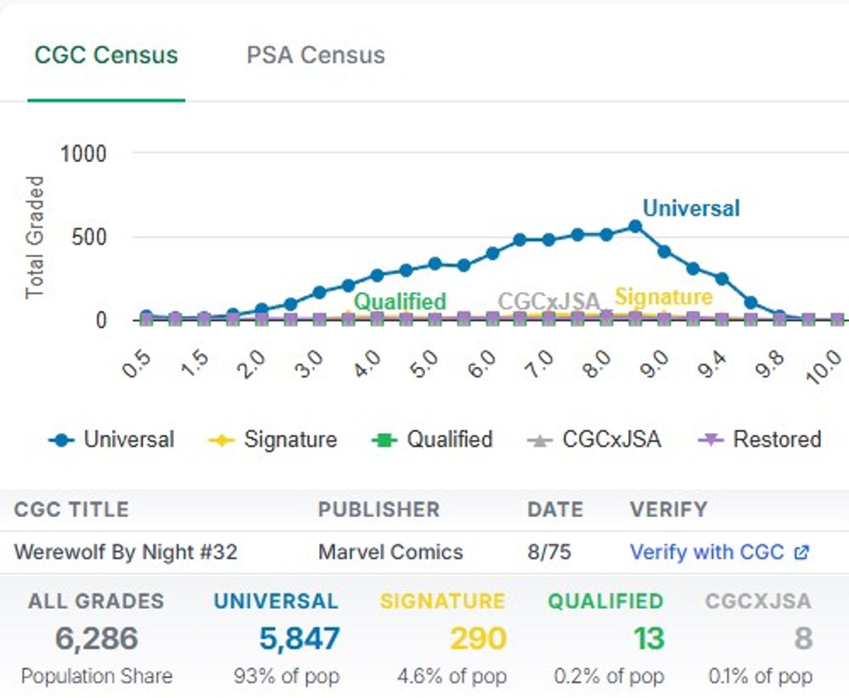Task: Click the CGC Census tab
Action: (106, 55)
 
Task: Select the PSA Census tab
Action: (315, 55)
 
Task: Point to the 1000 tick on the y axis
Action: (83, 154)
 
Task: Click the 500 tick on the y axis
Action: (89, 237)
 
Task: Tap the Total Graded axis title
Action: (34, 237)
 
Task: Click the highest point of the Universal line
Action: (635, 227)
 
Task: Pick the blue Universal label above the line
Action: (690, 208)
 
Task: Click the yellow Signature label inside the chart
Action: (663, 297)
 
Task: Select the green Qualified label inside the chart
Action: (399, 301)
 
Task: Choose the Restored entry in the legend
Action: (760, 439)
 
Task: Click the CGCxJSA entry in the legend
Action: (594, 439)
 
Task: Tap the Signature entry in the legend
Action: (273, 439)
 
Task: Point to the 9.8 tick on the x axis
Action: (770, 364)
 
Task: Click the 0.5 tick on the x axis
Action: (137, 364)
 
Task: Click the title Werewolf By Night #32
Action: (125, 552)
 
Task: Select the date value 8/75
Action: (549, 552)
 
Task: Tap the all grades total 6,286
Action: (97, 638)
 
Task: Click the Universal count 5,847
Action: (299, 638)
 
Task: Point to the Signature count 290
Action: (478, 638)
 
